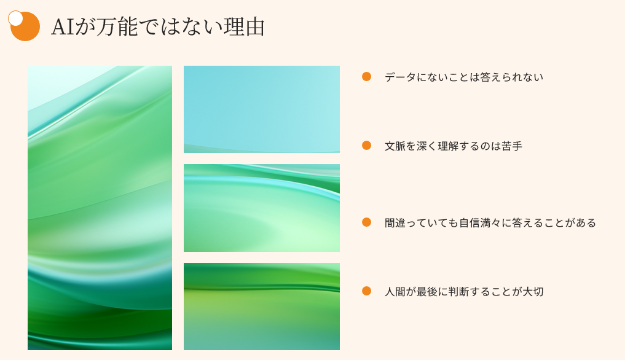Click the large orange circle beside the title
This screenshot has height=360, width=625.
point(25,26)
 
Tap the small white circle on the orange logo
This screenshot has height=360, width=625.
point(15,18)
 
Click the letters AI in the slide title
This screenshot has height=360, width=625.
point(63,27)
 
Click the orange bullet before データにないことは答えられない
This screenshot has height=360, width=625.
point(366,77)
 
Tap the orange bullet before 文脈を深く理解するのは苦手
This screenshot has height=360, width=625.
point(366,146)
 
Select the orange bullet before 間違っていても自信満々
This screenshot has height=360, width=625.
point(366,222)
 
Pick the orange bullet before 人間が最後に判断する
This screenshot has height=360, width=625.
point(366,291)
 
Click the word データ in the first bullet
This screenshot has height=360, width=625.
point(400,77)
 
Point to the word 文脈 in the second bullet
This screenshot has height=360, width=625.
point(395,146)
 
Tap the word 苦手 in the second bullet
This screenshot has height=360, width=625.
point(512,146)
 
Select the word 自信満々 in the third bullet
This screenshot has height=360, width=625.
point(480,222)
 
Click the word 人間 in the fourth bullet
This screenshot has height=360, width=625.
point(395,291)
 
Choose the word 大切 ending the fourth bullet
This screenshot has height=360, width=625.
point(533,291)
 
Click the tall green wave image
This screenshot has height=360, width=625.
point(100,208)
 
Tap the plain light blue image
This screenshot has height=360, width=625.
point(261,109)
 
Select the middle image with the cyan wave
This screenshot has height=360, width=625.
point(261,208)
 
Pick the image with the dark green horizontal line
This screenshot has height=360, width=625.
point(261,306)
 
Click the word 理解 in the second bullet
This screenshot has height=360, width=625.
point(448,146)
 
